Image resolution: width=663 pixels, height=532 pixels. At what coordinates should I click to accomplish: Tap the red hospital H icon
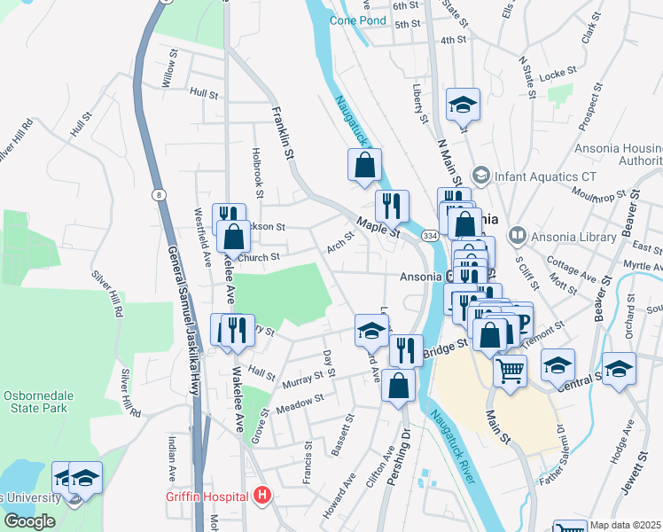[x=261, y=495]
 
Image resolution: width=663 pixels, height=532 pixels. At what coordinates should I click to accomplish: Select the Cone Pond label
[x=358, y=20]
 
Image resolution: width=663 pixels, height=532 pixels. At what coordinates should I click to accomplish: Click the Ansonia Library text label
[x=573, y=237]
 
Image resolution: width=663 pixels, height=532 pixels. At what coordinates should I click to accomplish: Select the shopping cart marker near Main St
[x=510, y=370]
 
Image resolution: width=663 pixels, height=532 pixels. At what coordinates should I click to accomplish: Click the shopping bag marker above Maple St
[x=364, y=164]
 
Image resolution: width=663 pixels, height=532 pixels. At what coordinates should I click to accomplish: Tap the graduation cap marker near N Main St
[x=463, y=105]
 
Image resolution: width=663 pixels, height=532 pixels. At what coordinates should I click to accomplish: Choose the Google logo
[x=29, y=521]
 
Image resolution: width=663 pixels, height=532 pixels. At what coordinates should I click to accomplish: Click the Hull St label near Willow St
[x=203, y=91]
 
